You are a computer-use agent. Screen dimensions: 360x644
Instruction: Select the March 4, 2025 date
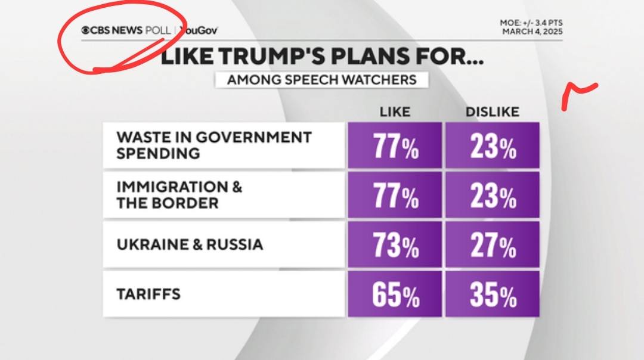pos(532,31)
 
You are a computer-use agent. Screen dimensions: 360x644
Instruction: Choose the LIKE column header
pos(395,112)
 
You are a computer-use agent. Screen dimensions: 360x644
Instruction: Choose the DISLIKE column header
pos(493,112)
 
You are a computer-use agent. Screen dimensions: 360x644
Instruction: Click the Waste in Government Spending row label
pos(214,145)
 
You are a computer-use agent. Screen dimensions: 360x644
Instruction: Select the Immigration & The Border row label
pos(179,195)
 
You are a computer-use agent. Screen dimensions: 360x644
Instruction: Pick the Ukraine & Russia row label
pos(190,244)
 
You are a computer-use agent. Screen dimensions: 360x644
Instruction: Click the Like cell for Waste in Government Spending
pos(395,146)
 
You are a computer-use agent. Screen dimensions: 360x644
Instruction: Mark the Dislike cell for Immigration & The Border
pos(493,196)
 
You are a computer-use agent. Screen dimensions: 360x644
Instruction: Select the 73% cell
pos(395,246)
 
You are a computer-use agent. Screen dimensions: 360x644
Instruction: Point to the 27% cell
pos(493,246)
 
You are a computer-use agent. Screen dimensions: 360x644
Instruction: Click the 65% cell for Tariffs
pos(395,295)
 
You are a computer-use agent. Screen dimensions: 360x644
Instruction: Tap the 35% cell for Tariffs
pos(493,295)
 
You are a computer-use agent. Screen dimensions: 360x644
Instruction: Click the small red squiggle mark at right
pos(578,93)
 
